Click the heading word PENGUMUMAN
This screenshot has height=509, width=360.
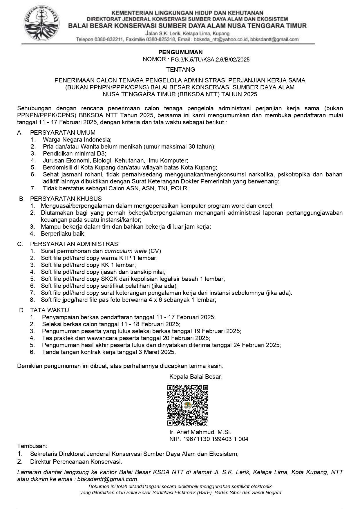[x=180, y=52]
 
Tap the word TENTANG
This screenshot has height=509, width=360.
[x=180, y=70]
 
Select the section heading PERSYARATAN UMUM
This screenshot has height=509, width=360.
[x=63, y=133]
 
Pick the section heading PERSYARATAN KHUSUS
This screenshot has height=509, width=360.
[x=66, y=199]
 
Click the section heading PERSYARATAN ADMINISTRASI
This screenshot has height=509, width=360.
[x=75, y=244]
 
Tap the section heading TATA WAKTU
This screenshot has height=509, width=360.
[x=50, y=310]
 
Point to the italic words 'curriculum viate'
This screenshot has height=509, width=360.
[x=125, y=251]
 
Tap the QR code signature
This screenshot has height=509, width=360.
[x=188, y=405]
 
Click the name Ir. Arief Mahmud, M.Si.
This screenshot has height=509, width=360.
[x=200, y=432]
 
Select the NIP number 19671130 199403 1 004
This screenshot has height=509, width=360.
[x=216, y=439]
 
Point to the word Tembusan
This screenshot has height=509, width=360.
[x=32, y=446]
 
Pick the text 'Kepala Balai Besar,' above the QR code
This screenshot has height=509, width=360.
[x=196, y=377]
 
